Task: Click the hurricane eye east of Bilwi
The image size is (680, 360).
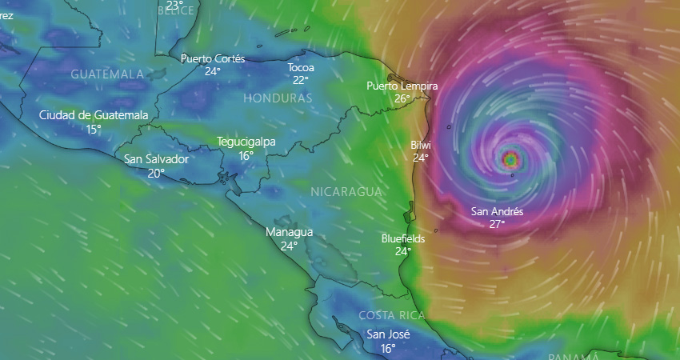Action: tap(510, 159)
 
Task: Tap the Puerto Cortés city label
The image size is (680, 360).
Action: tap(212, 58)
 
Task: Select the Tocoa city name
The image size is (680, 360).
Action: tap(301, 68)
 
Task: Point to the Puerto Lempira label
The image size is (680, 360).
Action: tap(402, 86)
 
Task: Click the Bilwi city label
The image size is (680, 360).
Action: tap(420, 146)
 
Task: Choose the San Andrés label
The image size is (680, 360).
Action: tap(497, 212)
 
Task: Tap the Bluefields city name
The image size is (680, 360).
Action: tap(403, 238)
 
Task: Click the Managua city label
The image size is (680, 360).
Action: tap(289, 232)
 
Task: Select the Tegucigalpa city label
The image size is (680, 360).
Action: tap(246, 142)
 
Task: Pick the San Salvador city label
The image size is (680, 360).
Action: tap(157, 158)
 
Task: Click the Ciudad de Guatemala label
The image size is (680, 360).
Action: tap(94, 115)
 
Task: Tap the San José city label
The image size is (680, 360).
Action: tap(388, 334)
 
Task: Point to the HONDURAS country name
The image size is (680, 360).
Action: tap(277, 98)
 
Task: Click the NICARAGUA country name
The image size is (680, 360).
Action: tap(346, 192)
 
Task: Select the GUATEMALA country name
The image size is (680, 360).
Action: tap(107, 74)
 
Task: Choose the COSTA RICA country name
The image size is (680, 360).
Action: tap(390, 314)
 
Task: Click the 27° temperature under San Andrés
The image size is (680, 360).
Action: tap(497, 225)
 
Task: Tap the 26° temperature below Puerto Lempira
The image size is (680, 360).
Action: tap(402, 98)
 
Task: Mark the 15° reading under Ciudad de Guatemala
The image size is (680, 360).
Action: tap(94, 128)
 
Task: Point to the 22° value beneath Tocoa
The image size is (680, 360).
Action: tap(301, 80)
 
